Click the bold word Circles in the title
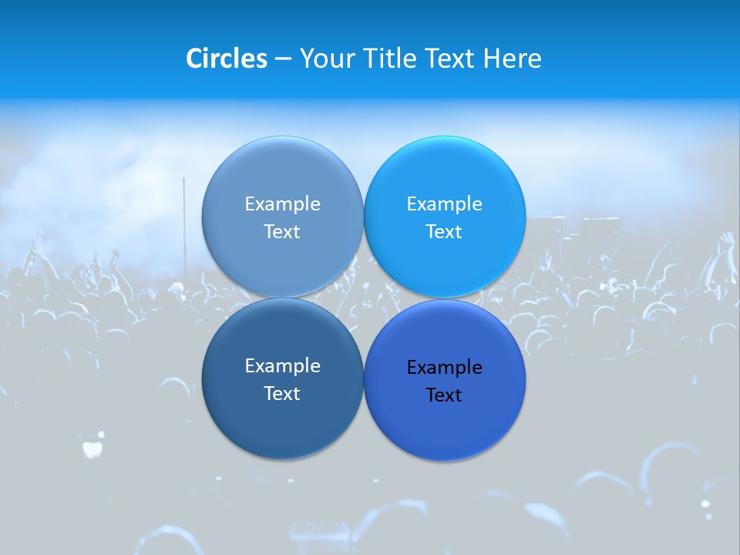point(226,59)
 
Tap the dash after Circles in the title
point(283,59)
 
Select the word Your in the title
point(323,59)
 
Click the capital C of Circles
point(193,59)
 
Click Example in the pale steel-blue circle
point(282,203)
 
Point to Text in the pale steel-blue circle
point(282,231)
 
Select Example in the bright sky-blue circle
point(444,203)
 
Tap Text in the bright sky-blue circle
point(444,231)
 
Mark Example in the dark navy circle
point(282,365)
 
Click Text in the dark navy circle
point(282,393)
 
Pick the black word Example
point(444,367)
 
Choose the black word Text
point(444,395)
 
